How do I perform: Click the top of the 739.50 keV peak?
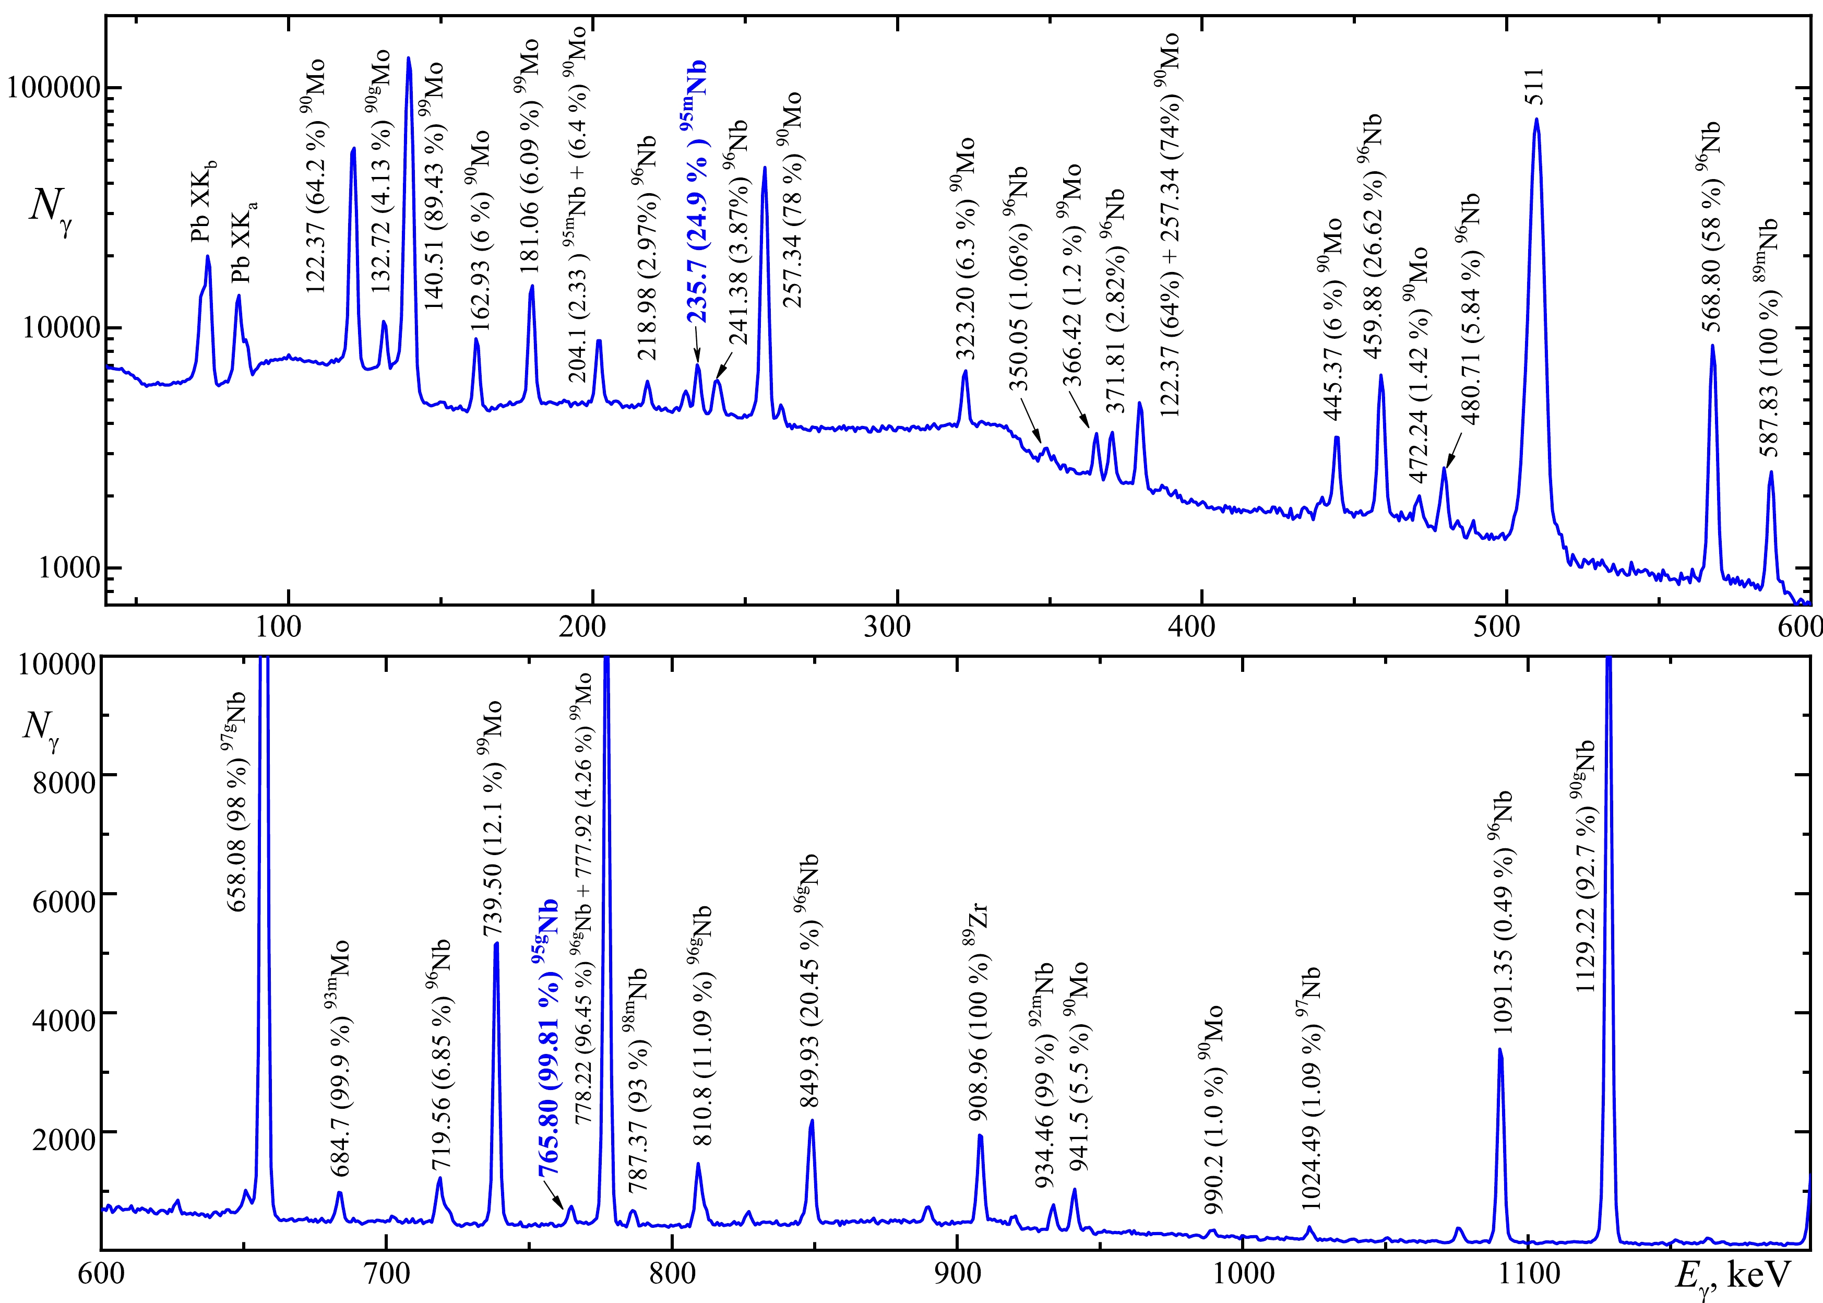point(496,944)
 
